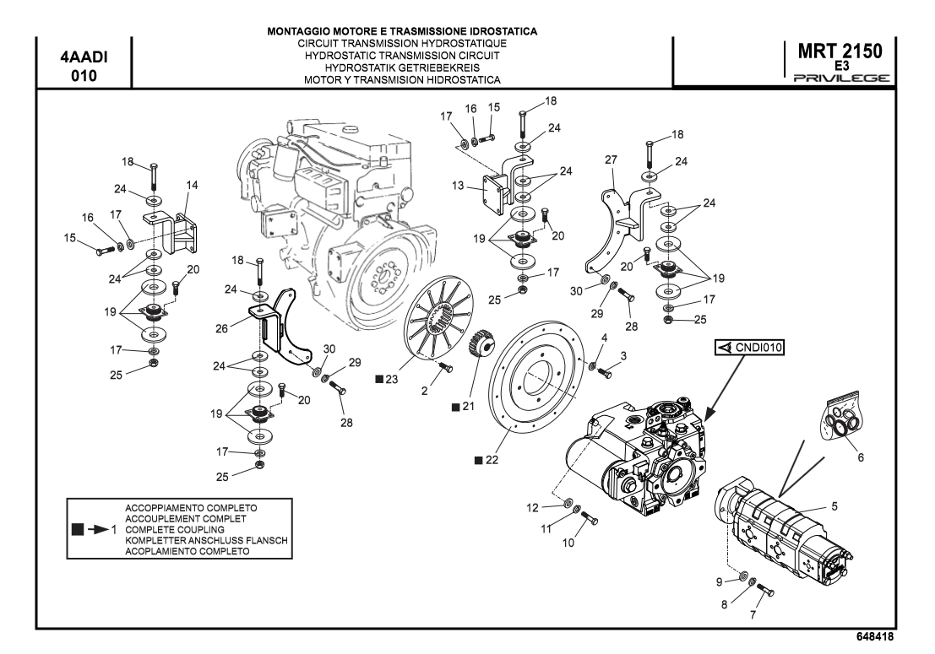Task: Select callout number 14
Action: coord(192,185)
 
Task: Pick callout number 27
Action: coord(612,159)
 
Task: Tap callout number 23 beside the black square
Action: coord(391,381)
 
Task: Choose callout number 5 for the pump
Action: coord(834,506)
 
